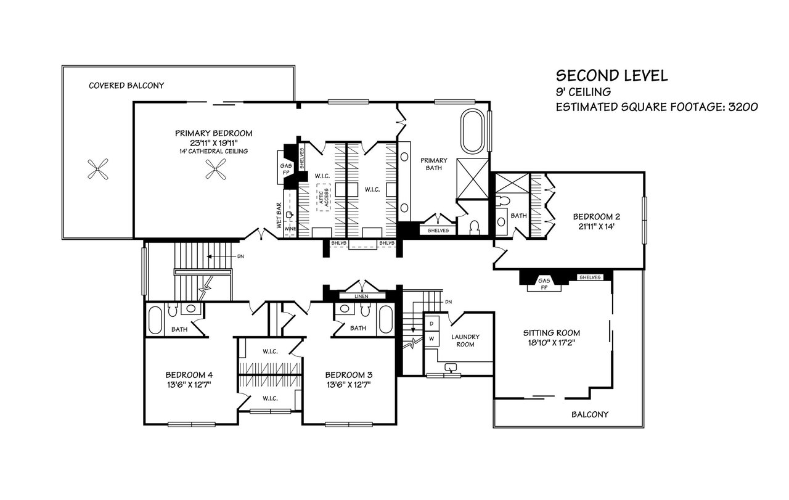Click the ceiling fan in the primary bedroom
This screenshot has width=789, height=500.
click(x=216, y=169)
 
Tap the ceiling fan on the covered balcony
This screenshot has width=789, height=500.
click(x=97, y=169)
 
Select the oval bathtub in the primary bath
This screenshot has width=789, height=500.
click(x=472, y=131)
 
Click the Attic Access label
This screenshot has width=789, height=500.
click(x=324, y=197)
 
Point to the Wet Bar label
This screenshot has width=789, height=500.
click(x=279, y=215)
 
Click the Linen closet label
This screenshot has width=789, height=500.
click(x=361, y=297)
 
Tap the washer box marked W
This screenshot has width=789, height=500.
click(x=431, y=339)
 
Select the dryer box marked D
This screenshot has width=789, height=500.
click(x=431, y=324)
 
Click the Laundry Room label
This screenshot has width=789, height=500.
click(x=465, y=341)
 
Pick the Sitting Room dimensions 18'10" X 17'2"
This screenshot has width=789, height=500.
click(x=551, y=343)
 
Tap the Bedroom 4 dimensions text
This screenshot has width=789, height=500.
click(x=189, y=385)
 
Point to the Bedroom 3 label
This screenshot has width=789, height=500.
click(x=349, y=375)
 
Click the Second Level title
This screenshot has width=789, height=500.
click(x=612, y=76)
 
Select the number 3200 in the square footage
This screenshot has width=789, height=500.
click(x=743, y=107)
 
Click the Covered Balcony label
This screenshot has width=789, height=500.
click(x=126, y=86)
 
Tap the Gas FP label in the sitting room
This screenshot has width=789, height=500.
click(x=544, y=284)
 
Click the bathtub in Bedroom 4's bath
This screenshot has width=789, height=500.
click(x=155, y=320)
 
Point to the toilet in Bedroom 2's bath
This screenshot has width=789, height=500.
click(x=503, y=200)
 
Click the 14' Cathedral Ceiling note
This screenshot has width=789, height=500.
click(x=213, y=151)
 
